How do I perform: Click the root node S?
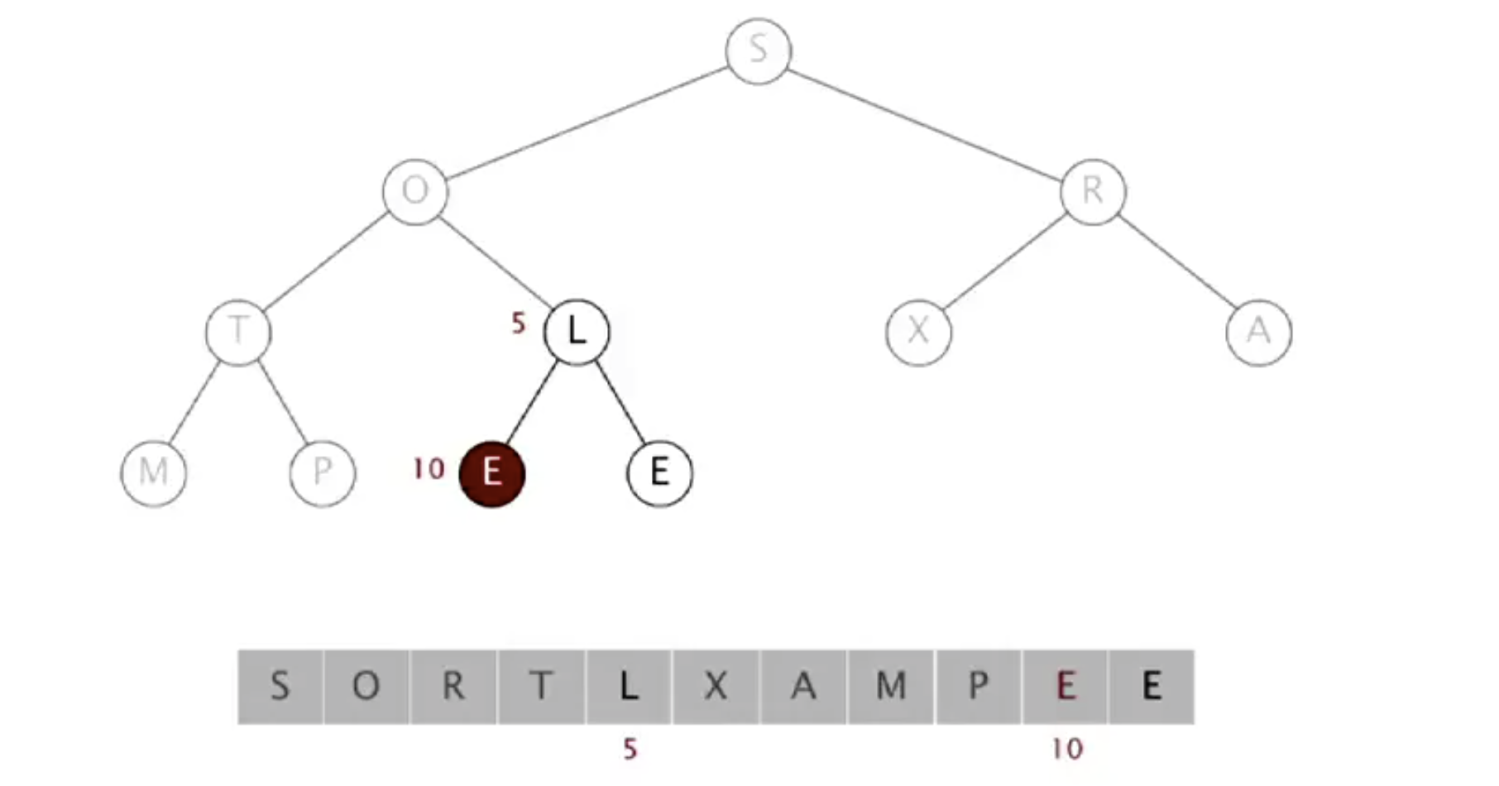pos(758,51)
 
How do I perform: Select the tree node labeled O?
pos(415,191)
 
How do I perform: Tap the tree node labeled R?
pos(1093,191)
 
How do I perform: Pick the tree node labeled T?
pos(238,332)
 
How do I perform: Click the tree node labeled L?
pos(577,332)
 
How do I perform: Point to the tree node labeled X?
pos(918,332)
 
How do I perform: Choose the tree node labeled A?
pos(1258,332)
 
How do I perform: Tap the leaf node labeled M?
pos(154,472)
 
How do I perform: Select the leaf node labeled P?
pos(323,472)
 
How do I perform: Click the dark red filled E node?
pos(492,473)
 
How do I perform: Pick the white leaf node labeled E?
pos(659,472)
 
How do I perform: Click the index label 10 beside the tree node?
pos(429,469)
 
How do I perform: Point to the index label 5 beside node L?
pos(519,324)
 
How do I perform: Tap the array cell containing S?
pos(280,687)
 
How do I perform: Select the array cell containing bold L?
pos(629,687)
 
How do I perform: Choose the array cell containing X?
pos(716,687)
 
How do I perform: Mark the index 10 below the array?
pos(1066,750)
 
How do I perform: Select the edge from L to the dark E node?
pos(530,403)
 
